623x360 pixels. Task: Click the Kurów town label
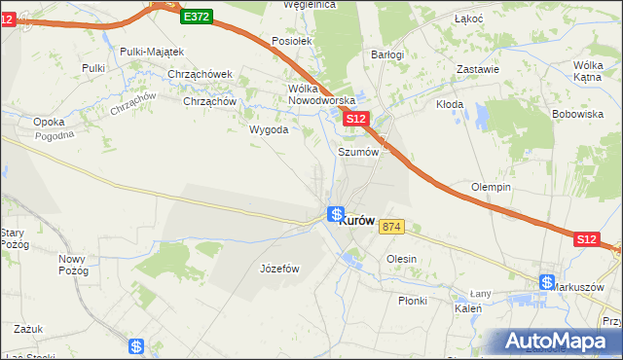click(x=358, y=221)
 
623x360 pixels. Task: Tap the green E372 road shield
click(x=196, y=16)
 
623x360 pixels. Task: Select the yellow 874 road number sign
click(x=391, y=227)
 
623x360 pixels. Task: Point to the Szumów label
click(x=357, y=152)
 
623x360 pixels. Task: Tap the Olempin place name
click(x=492, y=187)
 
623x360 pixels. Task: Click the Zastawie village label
click(x=478, y=69)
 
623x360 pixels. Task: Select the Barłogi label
click(x=387, y=54)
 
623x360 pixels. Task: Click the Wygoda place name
click(x=269, y=129)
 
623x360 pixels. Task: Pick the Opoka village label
click(x=49, y=122)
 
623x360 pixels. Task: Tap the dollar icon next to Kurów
click(x=335, y=215)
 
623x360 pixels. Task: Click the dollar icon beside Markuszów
click(x=546, y=283)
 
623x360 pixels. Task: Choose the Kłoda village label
click(x=449, y=104)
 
